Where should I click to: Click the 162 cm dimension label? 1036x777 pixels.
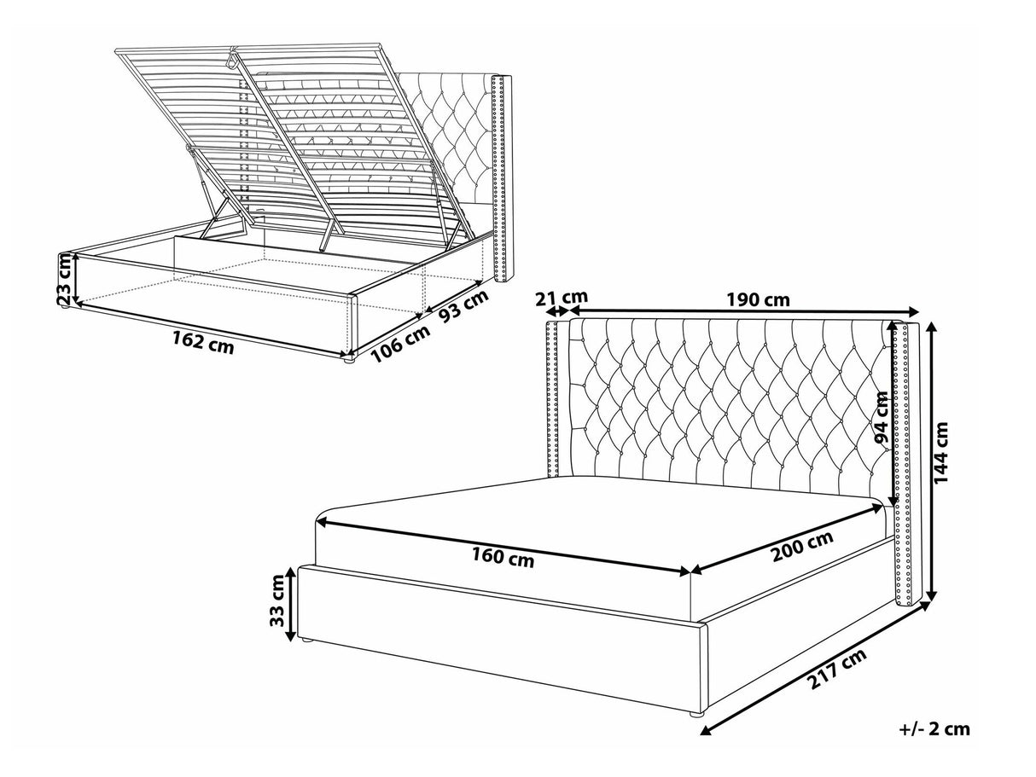[x=203, y=341]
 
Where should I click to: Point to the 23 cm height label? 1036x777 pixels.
[x=65, y=278]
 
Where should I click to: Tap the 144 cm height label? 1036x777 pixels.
[x=941, y=452]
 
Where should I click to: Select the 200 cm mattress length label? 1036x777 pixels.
[x=802, y=547]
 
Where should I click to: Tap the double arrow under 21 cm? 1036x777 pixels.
[x=557, y=311]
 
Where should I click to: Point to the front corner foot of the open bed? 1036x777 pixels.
[x=349, y=360]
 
